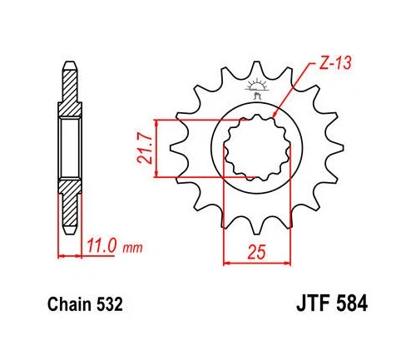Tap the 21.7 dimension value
(x=145, y=148)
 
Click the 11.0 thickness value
(x=102, y=246)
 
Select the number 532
(x=110, y=305)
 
